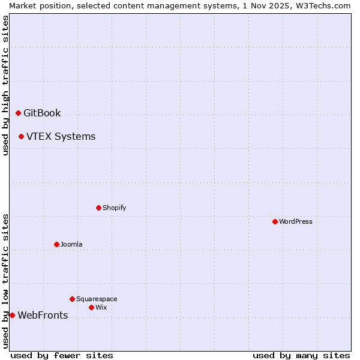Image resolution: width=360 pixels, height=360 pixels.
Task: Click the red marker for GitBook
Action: point(18,113)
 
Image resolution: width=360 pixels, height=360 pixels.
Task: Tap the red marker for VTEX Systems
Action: point(21,136)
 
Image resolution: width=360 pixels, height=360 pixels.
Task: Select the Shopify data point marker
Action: point(98,208)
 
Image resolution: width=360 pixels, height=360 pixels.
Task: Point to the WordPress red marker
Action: point(275,221)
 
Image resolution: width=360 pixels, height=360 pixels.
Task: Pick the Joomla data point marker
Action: point(56,244)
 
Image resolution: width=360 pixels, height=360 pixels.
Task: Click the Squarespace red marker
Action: point(72,299)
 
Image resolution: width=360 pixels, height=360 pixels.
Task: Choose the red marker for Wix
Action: point(91,307)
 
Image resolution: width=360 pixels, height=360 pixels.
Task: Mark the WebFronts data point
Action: point(12,315)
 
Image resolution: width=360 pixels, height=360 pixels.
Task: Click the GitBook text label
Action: point(42,113)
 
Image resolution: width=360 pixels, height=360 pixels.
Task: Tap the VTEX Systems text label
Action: point(61,136)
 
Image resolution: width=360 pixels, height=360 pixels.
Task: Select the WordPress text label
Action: point(296,221)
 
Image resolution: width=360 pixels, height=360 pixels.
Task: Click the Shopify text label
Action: point(114,208)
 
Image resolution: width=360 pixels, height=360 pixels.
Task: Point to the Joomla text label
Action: point(71,244)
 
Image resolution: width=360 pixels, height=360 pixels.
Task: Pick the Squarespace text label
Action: point(97,299)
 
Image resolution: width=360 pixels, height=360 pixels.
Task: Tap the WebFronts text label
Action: point(43,315)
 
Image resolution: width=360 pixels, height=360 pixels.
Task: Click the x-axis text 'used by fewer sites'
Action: point(62,355)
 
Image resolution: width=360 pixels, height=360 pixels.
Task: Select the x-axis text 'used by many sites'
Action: point(301,355)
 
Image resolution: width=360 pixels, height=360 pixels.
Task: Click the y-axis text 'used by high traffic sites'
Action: point(5,85)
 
